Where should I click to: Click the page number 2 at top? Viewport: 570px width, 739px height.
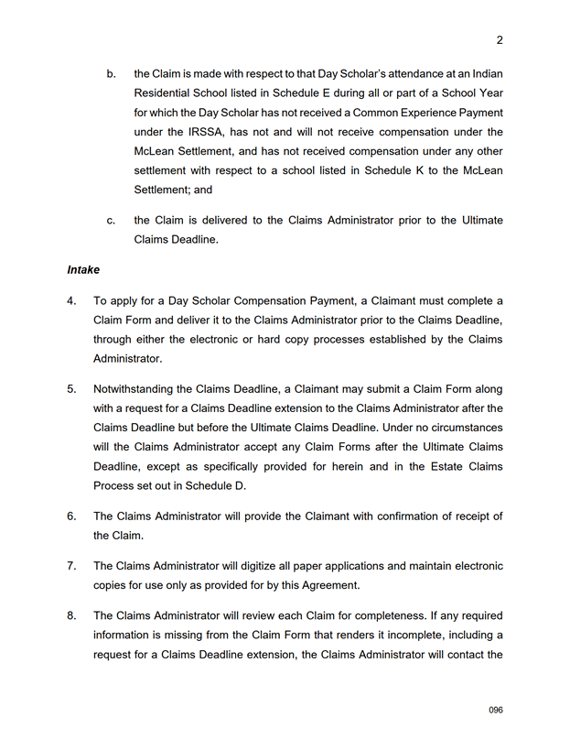500,40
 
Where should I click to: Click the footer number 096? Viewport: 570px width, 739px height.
496,711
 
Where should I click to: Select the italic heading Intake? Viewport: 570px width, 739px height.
82,270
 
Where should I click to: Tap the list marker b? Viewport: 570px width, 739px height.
111,73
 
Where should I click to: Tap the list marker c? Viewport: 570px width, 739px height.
111,221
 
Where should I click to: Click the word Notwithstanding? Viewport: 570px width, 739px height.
137,388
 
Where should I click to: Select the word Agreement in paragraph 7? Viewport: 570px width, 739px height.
330,585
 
